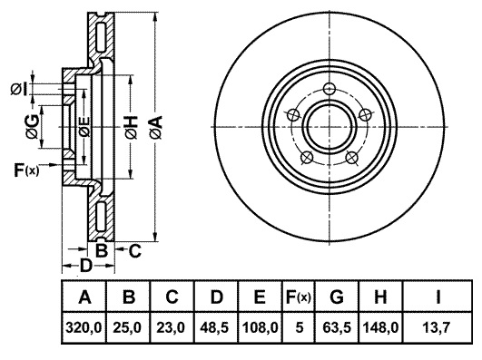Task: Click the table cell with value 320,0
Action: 84,327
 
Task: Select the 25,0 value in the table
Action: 127,327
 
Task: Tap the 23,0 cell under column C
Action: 171,327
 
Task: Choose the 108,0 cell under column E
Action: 260,327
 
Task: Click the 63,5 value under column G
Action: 337,327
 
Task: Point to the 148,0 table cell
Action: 380,327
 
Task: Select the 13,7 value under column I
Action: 438,327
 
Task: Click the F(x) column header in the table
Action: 298,297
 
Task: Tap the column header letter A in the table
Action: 84,297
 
